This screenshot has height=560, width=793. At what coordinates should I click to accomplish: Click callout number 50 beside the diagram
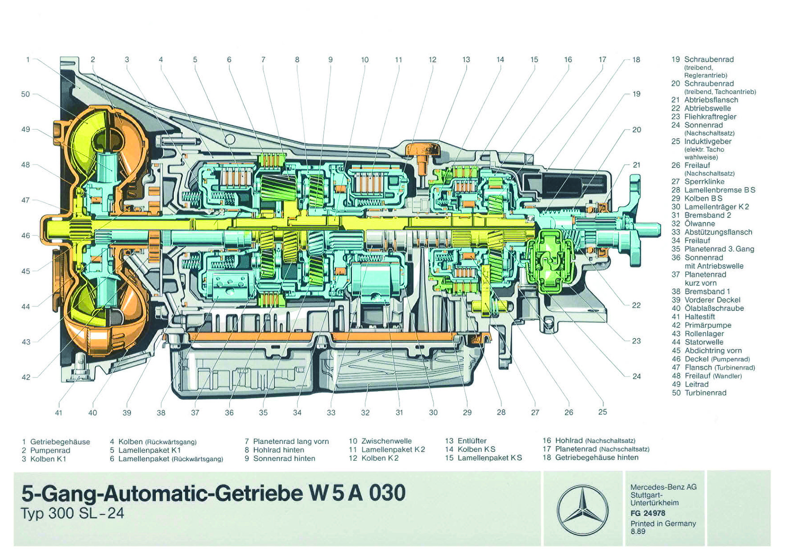click(25, 94)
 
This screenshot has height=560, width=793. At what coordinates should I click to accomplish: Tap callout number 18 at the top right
click(636, 60)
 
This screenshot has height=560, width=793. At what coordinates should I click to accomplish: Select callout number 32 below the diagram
click(365, 413)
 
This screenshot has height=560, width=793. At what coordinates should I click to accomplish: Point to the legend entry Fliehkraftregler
click(710, 117)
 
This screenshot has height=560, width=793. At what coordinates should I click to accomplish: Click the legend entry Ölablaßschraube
click(714, 308)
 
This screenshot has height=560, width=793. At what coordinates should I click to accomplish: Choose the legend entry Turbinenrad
click(705, 393)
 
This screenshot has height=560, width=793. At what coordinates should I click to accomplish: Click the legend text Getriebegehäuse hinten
click(597, 457)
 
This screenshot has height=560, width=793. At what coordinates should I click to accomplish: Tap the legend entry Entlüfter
click(472, 441)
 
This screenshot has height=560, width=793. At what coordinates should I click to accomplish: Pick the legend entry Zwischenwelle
click(386, 441)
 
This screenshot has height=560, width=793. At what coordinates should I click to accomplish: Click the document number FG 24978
click(648, 513)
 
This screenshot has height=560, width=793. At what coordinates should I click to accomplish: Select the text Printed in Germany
click(663, 523)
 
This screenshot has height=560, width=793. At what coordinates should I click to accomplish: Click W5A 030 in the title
click(357, 493)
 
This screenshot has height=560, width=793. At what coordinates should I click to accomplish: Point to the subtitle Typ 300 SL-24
click(73, 513)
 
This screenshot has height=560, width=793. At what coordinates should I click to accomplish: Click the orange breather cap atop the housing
click(422, 150)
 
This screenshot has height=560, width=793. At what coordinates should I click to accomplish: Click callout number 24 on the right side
click(636, 376)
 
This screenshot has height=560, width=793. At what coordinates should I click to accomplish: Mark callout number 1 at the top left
click(28, 60)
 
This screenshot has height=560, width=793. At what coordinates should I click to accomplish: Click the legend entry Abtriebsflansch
click(711, 100)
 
